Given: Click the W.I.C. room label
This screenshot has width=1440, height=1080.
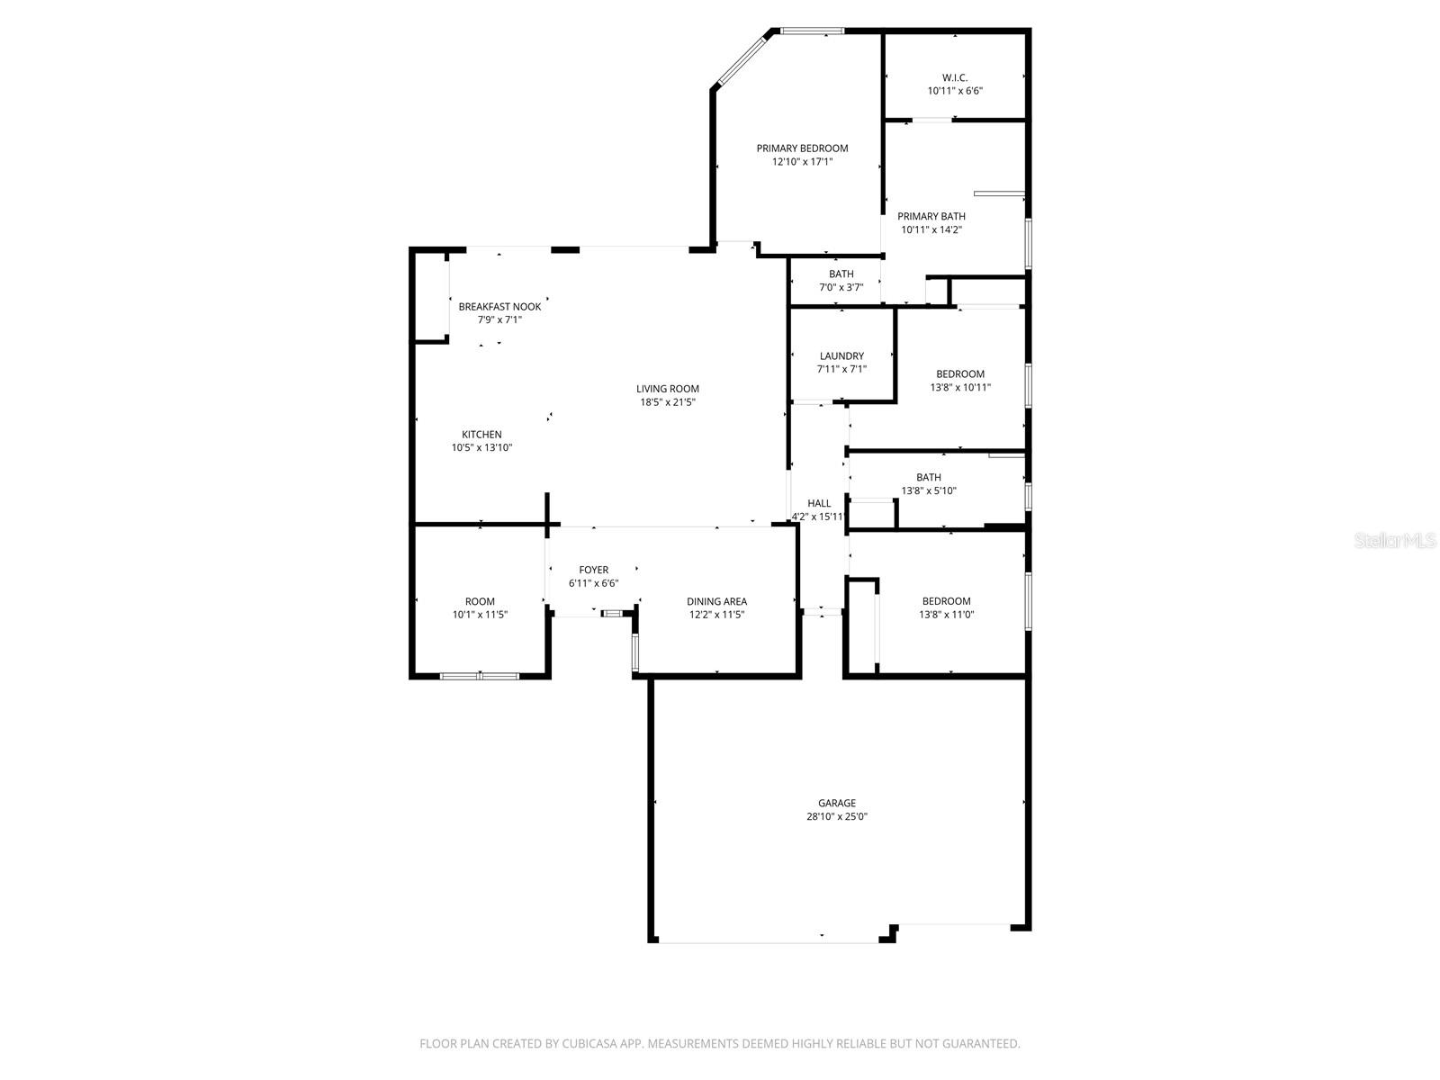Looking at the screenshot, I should (954, 77).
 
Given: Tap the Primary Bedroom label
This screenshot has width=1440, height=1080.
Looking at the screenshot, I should (802, 148).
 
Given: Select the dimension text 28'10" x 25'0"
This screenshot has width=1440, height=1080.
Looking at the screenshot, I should (837, 817).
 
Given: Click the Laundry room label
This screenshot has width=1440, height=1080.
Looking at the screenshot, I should (841, 356).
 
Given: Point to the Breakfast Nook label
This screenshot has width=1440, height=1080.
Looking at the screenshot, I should (499, 307).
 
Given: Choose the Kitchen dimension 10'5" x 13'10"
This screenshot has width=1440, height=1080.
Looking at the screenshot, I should (481, 447).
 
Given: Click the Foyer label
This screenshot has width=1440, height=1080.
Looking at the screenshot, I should (593, 570).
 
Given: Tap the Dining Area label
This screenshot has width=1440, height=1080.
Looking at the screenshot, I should (716, 601).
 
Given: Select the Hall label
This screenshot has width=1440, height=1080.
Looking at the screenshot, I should (819, 503).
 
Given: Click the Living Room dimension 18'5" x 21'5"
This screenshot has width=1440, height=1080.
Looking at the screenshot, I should (667, 402).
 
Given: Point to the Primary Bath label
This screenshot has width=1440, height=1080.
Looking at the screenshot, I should (931, 216).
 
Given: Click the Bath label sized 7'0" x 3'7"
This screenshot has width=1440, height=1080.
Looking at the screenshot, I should (841, 274).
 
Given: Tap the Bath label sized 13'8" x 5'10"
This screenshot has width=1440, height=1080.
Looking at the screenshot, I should (929, 477).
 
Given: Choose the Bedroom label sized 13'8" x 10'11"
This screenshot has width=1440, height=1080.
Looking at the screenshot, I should (959, 373).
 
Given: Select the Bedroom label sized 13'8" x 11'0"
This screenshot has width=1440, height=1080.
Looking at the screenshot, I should (946, 601).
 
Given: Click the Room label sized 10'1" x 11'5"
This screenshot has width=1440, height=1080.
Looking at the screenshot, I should (480, 601).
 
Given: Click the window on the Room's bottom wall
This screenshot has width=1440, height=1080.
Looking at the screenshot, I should (480, 675).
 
